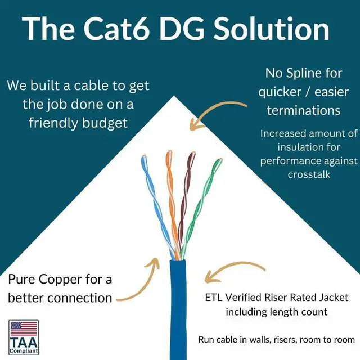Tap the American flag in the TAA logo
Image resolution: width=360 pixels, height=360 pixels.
[24, 328]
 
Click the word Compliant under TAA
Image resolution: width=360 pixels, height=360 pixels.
[24, 352]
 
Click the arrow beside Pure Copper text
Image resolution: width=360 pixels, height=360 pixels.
[138, 281]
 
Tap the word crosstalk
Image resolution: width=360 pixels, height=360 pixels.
[309, 174]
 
